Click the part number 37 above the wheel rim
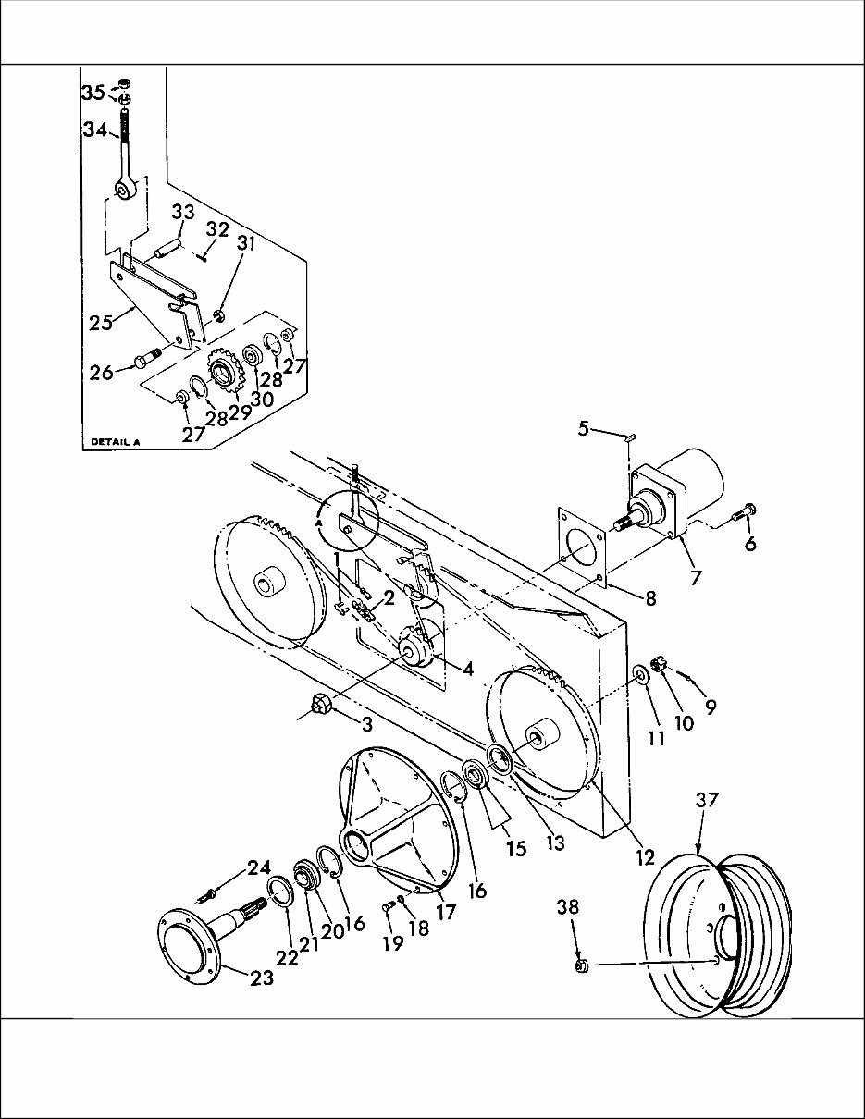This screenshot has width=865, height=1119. click(x=707, y=799)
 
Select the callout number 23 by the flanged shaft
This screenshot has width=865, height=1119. click(x=263, y=978)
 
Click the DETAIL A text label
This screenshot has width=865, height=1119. click(x=115, y=441)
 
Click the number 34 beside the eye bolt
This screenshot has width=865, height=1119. click(x=95, y=130)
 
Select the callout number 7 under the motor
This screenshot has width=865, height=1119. click(x=696, y=578)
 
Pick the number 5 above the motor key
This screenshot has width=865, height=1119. click(x=583, y=430)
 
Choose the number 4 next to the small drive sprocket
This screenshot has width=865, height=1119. click(x=468, y=668)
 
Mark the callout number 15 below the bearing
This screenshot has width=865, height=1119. click(x=516, y=848)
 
